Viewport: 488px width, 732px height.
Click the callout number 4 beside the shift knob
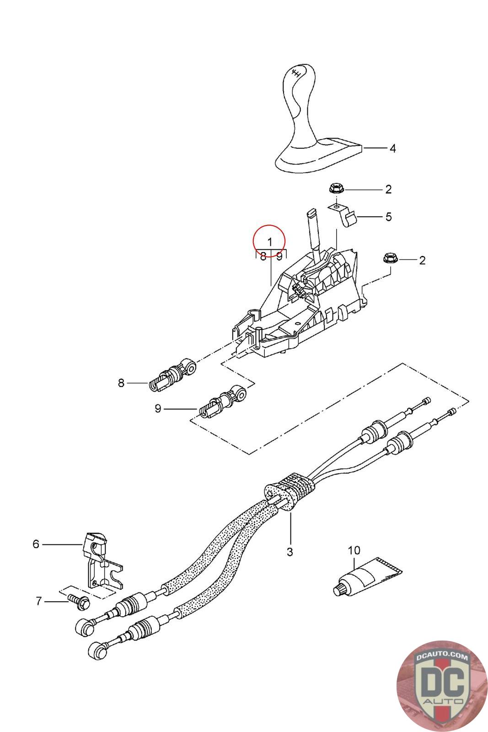pos(392,148)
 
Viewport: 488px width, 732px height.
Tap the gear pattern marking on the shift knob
pos(296,73)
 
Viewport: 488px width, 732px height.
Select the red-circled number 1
pos(270,241)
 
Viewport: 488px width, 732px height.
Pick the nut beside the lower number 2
pos(390,259)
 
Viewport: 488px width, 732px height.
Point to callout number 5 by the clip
pos(388,216)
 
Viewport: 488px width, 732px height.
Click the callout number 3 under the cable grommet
pos(290,552)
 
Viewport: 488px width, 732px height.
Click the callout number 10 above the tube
pos(354,550)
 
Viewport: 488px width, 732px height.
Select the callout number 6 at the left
pos(36,544)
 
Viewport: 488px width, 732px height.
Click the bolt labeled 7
pos(79,602)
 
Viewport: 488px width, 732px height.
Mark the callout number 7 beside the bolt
pos(38,601)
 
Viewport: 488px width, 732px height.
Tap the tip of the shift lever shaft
pos(311,213)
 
